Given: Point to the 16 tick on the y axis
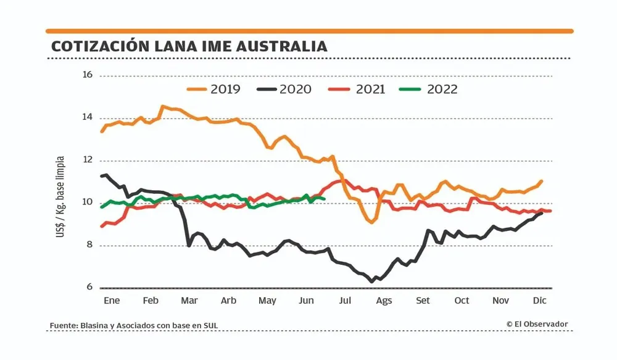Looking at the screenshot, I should pyautogui.click(x=87, y=75).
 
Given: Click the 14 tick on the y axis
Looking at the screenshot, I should pyautogui.click(x=87, y=117).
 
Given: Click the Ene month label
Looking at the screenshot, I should pyautogui.click(x=112, y=301).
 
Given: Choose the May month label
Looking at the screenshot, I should pyautogui.click(x=267, y=301).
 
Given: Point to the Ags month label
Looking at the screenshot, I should pyautogui.click(x=384, y=301).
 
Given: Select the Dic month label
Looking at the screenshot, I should pyautogui.click(x=540, y=301).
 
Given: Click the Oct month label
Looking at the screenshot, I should pyautogui.click(x=462, y=301).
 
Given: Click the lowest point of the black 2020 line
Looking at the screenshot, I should pyautogui.click(x=372, y=282).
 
